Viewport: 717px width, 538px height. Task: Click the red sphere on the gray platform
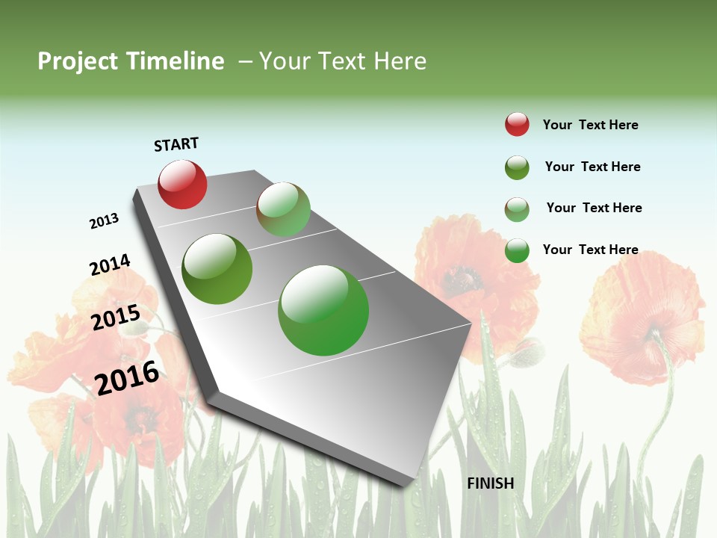pos(182,185)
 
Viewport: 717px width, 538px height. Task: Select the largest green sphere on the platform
pos(323,310)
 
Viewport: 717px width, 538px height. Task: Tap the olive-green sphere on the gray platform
pos(217,269)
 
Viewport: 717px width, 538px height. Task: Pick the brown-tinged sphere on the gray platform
pos(283,209)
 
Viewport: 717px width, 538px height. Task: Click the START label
pos(176,144)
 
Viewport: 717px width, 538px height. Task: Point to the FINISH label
pos(491,483)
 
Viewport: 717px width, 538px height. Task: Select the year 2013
pos(105,220)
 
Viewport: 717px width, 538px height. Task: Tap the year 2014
pos(110,265)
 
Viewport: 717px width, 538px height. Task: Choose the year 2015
pos(115,318)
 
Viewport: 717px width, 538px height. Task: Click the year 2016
pos(127,377)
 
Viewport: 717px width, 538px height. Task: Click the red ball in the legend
pos(517,124)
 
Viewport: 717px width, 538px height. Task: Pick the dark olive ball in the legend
pos(517,167)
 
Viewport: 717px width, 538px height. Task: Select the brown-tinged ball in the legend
pos(517,209)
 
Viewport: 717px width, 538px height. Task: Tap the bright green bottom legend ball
pos(517,250)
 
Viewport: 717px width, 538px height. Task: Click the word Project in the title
pos(78,61)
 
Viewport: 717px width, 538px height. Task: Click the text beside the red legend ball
pos(590,125)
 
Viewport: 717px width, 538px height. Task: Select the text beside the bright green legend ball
pos(590,250)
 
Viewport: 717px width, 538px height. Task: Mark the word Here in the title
pos(400,61)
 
